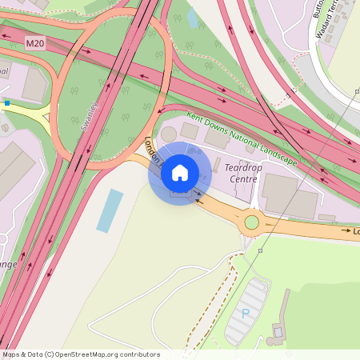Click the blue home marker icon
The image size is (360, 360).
[180, 172]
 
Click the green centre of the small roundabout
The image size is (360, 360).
[252, 222]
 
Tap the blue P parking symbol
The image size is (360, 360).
[246, 313]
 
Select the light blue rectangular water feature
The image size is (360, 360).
[110, 210]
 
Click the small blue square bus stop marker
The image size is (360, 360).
[7, 102]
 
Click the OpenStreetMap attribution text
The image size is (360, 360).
[80, 354]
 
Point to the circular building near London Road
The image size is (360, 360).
[169, 133]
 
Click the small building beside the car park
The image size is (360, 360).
[279, 330]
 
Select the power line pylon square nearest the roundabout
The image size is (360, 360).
[261, 250]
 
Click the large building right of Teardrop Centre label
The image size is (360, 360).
[279, 194]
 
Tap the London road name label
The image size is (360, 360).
[151, 147]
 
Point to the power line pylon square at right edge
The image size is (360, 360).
[356, 92]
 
